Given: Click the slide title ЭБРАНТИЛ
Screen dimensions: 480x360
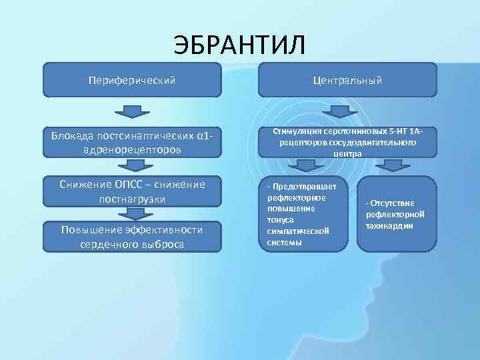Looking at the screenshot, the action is click(x=239, y=45).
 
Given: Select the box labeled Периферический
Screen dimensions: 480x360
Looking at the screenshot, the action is click(x=132, y=80).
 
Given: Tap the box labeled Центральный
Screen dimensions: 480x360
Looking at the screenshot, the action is click(x=347, y=80).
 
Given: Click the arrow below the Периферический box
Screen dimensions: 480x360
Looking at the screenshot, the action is click(x=132, y=111).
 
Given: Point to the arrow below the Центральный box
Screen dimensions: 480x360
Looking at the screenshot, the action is click(x=347, y=111).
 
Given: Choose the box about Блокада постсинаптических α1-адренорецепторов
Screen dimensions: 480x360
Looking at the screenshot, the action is click(x=132, y=143).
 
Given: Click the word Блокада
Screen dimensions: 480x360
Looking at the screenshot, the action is click(x=72, y=137).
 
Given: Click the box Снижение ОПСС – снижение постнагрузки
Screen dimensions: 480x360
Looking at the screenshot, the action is click(x=132, y=191).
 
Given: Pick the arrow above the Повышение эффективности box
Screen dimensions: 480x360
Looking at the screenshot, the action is click(x=135, y=214).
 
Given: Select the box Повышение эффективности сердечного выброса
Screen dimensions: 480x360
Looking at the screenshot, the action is click(x=132, y=237).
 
